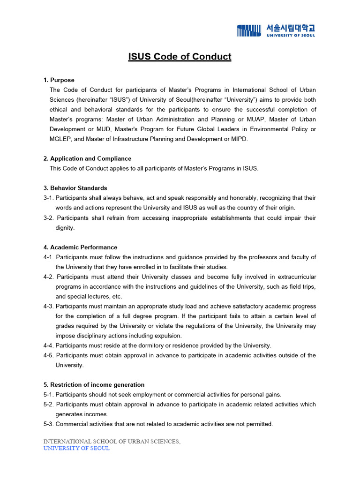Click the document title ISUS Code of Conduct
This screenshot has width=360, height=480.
(180, 57)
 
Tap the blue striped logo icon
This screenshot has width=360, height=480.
(249, 30)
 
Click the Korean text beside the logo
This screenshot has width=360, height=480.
(291, 28)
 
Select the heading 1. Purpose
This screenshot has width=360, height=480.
(59, 80)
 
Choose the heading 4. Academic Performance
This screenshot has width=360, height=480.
(80, 247)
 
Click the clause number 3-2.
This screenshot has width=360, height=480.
(49, 218)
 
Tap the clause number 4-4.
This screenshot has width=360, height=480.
(49, 345)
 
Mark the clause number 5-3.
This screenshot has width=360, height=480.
(49, 424)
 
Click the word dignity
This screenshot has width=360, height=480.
(65, 228)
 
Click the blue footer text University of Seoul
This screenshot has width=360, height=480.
(76, 449)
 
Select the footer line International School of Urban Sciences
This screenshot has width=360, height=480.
(112, 442)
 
